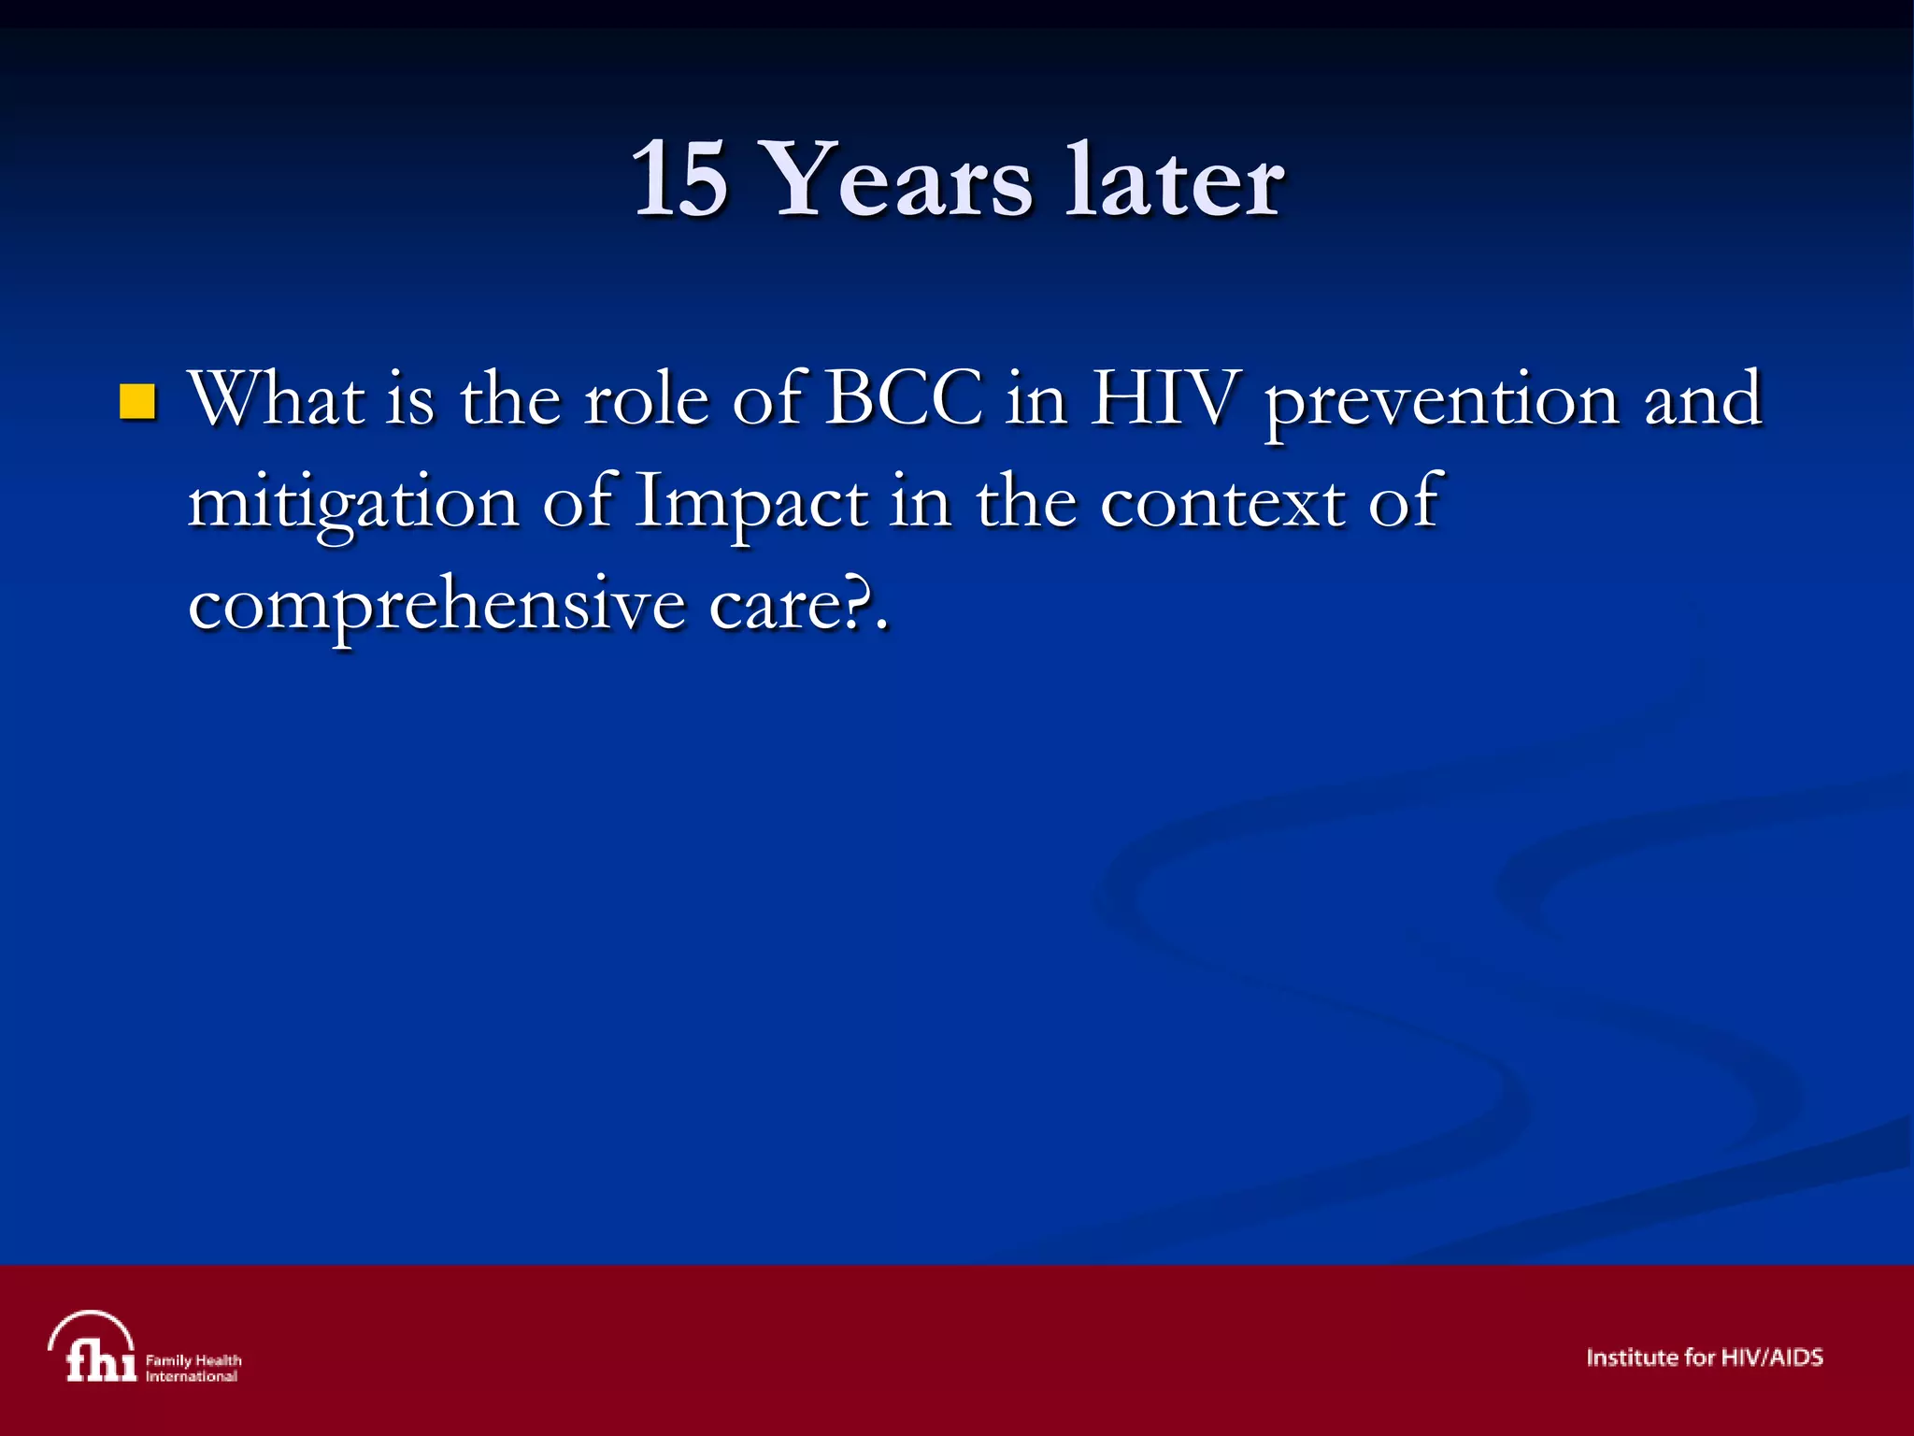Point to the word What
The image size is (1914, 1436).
[x=277, y=399]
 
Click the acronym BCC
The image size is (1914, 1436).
[x=904, y=399]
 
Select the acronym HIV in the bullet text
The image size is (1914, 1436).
[x=1165, y=399]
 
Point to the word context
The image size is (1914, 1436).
[x=1221, y=503]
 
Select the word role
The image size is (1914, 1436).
[x=647, y=399]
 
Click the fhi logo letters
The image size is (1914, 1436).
[x=99, y=1361]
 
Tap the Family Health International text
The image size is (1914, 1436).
[x=193, y=1368]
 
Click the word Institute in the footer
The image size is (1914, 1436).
[x=1631, y=1357]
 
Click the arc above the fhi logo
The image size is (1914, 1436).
[x=91, y=1321]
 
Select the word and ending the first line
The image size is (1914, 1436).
[x=1703, y=399]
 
